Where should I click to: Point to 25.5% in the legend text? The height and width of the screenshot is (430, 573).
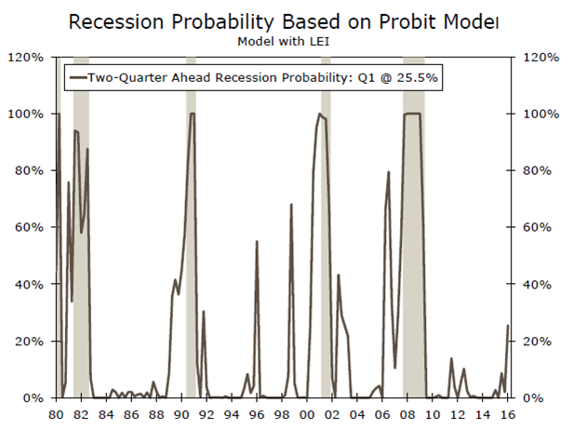point(419,79)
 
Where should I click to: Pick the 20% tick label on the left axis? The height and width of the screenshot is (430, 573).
point(28,342)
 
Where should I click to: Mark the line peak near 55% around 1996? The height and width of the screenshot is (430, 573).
point(257,241)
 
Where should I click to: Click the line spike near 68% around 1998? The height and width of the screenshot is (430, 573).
point(291,204)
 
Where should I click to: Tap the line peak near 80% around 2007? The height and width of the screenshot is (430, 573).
point(388,172)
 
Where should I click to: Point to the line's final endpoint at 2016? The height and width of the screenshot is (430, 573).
point(508,325)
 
